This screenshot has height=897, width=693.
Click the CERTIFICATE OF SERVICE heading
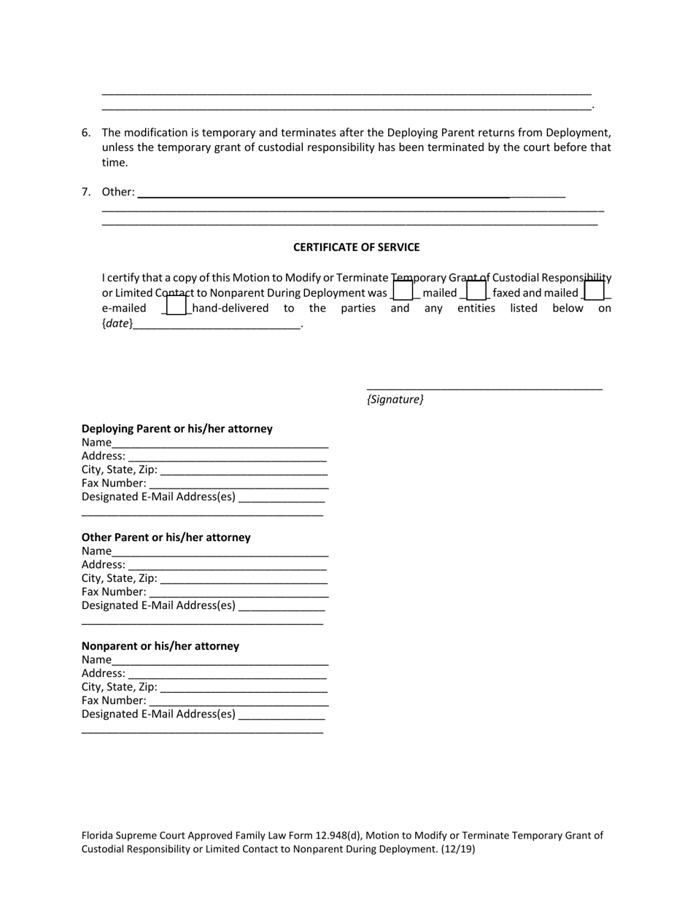click(356, 247)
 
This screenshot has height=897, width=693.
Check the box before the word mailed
click(403, 292)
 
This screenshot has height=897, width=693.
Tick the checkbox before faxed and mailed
click(476, 292)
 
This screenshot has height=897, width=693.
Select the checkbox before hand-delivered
click(177, 306)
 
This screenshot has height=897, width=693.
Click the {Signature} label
click(395, 400)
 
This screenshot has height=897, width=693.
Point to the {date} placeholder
click(117, 324)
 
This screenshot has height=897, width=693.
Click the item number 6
click(86, 133)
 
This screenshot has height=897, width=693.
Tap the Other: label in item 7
click(118, 192)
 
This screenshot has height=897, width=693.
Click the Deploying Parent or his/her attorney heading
click(177, 429)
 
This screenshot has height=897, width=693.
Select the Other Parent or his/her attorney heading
click(166, 537)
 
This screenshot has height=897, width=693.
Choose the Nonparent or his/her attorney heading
click(160, 646)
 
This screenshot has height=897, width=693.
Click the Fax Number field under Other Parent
click(238, 592)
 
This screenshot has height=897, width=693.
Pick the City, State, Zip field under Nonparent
click(243, 687)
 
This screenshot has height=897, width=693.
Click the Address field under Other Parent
click(226, 564)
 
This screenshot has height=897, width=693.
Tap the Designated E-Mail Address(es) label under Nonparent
click(158, 714)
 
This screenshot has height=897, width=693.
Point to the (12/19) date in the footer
click(461, 849)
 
